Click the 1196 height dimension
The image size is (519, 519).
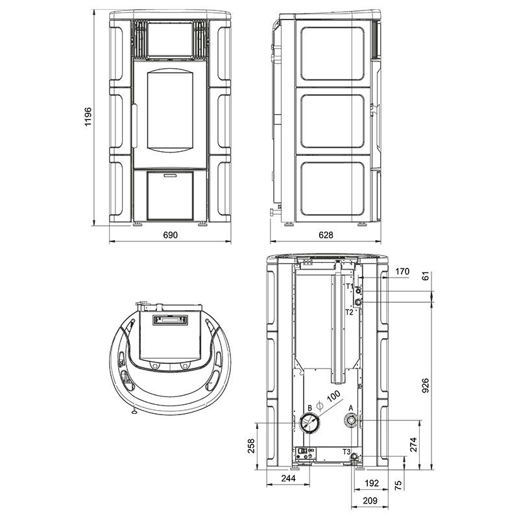pos(88,117)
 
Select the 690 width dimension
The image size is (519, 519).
pos(170,235)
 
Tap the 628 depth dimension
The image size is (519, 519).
pos(326,235)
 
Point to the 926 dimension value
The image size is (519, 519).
pos(426,385)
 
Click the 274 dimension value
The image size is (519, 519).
pos(413,444)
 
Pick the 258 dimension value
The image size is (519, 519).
pos(251,446)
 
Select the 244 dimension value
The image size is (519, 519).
pos(288,478)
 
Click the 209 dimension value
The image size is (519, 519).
pos(370,501)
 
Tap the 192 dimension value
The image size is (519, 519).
pos(371,483)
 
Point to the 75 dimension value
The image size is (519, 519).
pos(398,485)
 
